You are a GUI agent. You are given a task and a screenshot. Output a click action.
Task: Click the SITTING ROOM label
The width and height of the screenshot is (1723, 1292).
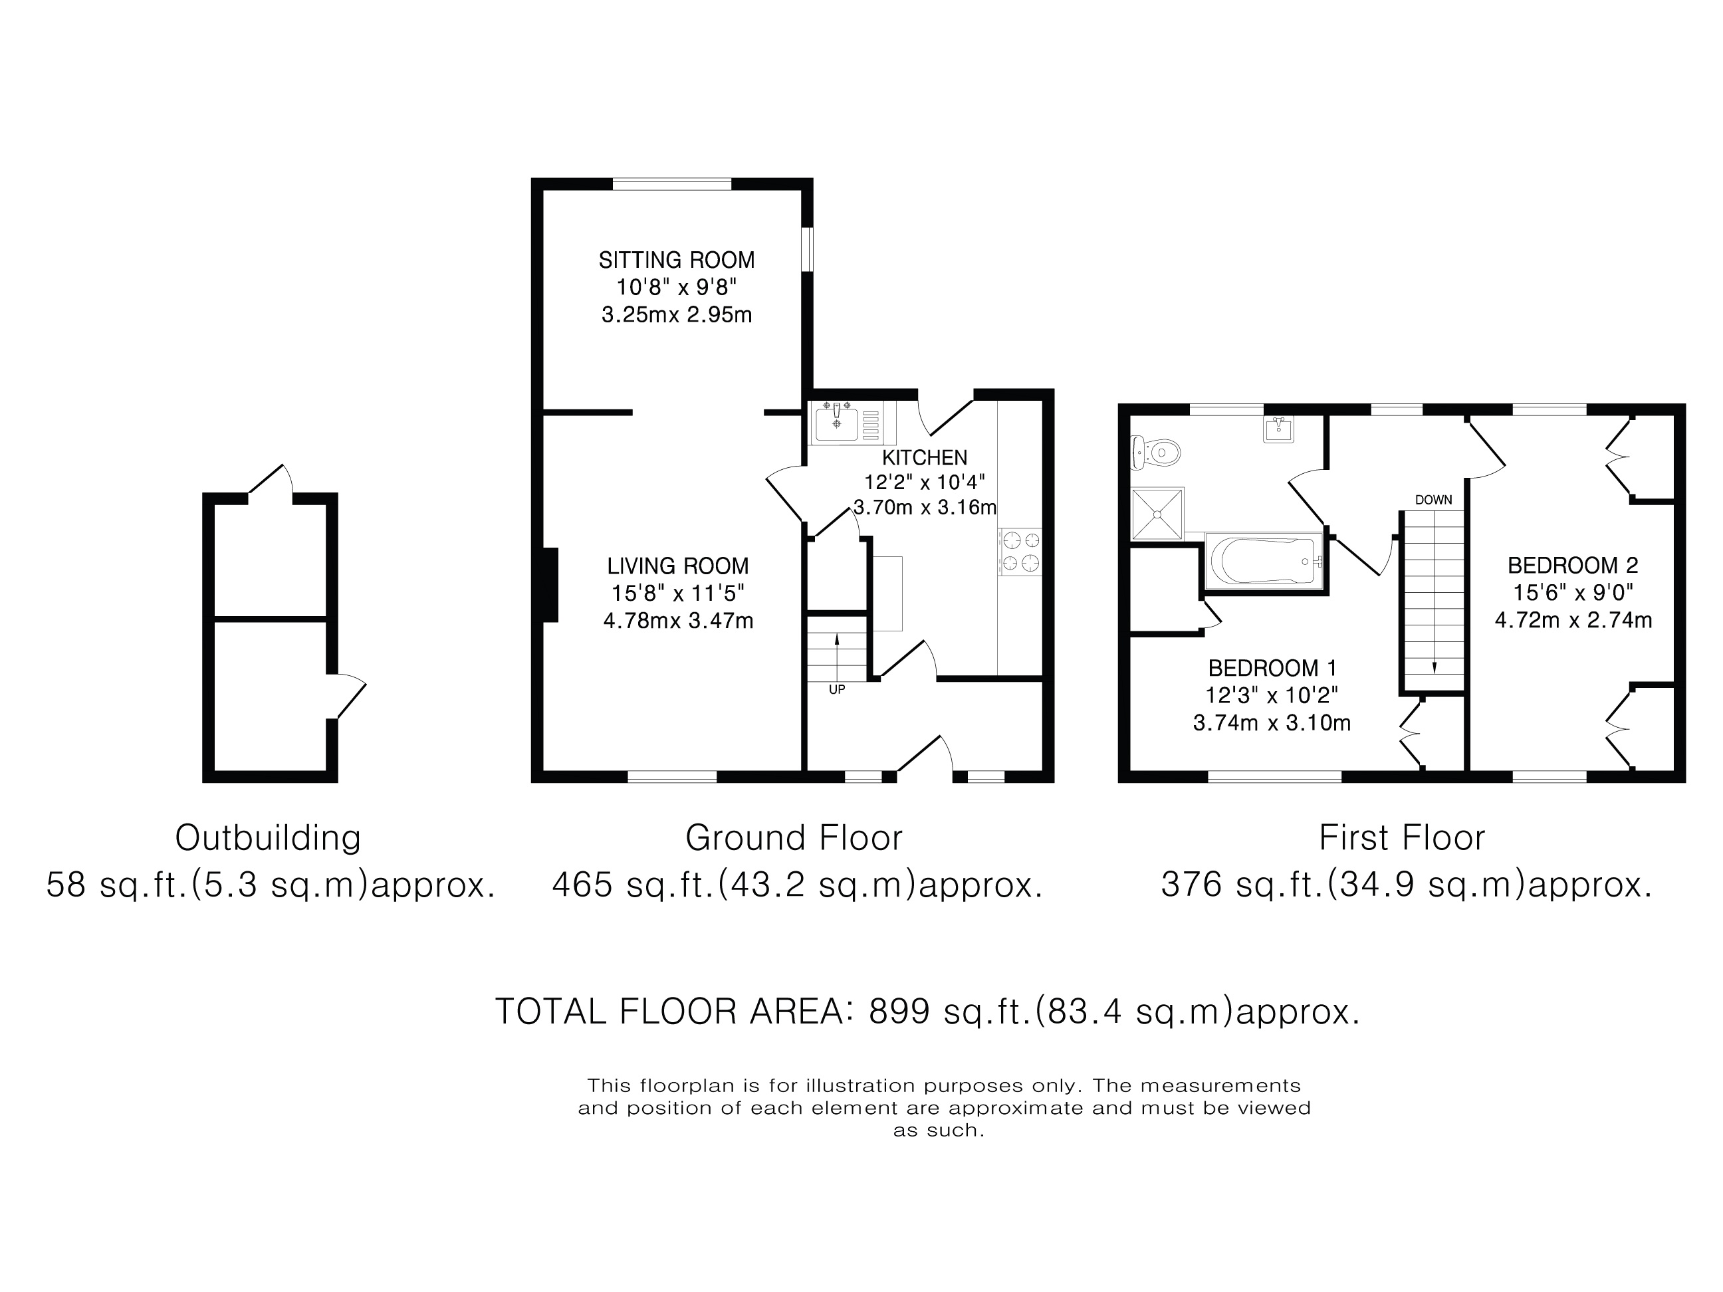[x=676, y=259]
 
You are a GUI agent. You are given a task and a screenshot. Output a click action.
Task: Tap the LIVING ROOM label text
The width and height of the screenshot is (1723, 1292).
[x=677, y=566]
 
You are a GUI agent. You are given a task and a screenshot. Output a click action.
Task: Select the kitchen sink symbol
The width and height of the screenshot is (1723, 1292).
[x=837, y=423]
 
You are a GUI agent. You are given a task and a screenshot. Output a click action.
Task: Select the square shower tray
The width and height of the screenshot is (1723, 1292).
[x=1157, y=514]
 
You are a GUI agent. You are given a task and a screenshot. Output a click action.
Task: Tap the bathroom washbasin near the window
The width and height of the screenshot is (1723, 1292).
[x=1278, y=429]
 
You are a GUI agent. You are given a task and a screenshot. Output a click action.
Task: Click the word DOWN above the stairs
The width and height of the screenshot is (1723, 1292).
[x=1433, y=500]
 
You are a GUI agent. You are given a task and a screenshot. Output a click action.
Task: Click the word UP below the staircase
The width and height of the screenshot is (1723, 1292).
[x=837, y=689]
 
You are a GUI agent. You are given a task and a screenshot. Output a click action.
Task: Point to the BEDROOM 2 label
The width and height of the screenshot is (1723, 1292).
[x=1572, y=566]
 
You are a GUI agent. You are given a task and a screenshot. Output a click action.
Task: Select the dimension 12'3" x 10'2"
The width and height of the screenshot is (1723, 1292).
[x=1271, y=695]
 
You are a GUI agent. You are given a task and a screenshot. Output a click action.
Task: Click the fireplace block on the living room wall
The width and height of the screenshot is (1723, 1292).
[x=550, y=585]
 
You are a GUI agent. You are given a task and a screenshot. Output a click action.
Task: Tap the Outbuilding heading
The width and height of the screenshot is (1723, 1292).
[x=268, y=838]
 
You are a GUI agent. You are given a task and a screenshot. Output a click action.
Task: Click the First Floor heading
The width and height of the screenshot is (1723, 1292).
[x=1401, y=838]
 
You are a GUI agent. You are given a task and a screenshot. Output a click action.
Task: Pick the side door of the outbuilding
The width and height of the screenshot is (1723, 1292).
[x=348, y=697]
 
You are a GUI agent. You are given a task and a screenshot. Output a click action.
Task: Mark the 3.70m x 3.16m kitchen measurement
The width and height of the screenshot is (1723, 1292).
[x=925, y=508]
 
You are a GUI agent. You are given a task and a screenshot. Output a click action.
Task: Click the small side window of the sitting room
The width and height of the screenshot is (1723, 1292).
[x=808, y=249]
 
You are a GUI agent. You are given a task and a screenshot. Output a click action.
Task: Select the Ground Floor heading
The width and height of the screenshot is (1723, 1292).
[x=793, y=838]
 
